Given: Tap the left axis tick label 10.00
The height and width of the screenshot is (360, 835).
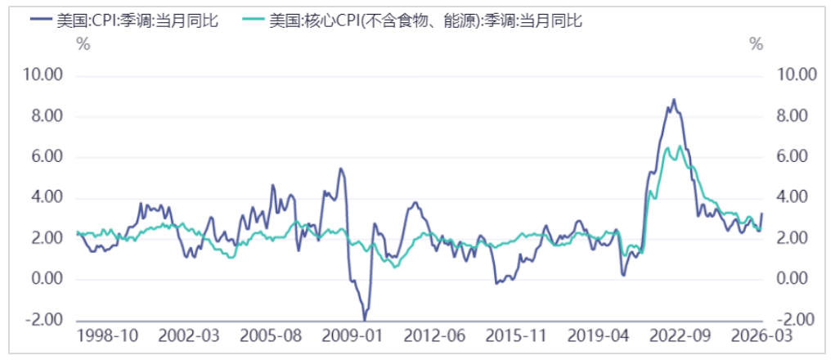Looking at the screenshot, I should [x=46, y=75].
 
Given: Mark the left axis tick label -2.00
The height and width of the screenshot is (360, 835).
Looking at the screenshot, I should [x=47, y=320].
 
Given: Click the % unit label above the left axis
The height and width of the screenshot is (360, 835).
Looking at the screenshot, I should [x=83, y=44].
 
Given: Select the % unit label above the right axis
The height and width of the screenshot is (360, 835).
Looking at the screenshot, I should [x=756, y=44].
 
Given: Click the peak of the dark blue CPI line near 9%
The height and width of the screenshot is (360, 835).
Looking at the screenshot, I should [x=674, y=100].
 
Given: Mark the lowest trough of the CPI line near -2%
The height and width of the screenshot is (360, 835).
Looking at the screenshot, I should [x=365, y=318].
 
